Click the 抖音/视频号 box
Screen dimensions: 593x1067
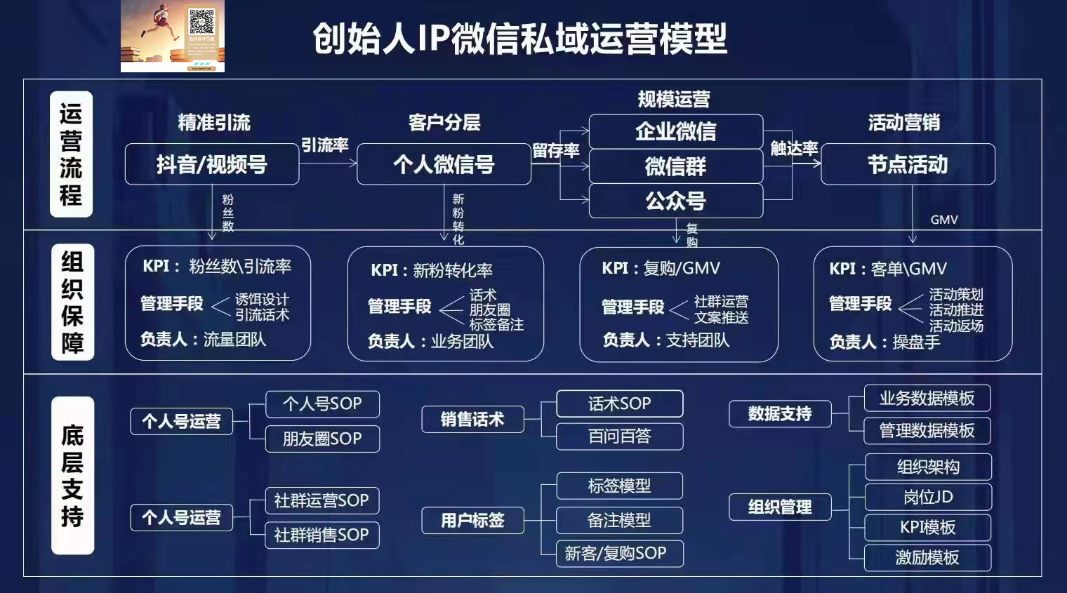(x=212, y=164)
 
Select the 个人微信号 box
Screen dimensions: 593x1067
(x=444, y=164)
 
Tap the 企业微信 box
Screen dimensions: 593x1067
(x=675, y=131)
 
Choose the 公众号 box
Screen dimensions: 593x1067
(x=675, y=201)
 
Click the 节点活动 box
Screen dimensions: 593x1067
(x=908, y=164)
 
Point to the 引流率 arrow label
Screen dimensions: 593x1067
(x=325, y=145)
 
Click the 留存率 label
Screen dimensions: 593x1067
(x=555, y=150)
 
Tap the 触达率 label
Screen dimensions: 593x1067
(x=794, y=148)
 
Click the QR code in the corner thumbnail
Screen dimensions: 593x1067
(x=201, y=22)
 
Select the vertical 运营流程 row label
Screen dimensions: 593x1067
(x=71, y=154)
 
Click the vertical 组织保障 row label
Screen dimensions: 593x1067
(x=72, y=302)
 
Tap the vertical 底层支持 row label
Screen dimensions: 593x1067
(x=72, y=475)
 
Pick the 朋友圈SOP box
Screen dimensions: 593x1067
(x=322, y=439)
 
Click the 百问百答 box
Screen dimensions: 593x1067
(x=619, y=437)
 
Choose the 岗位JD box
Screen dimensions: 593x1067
(x=927, y=497)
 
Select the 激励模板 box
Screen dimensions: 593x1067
(x=927, y=557)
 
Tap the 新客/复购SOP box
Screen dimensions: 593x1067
(x=619, y=553)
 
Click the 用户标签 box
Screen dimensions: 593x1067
(x=472, y=520)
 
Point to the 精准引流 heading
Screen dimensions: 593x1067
(x=214, y=123)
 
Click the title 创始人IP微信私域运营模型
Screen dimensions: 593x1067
(x=519, y=39)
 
